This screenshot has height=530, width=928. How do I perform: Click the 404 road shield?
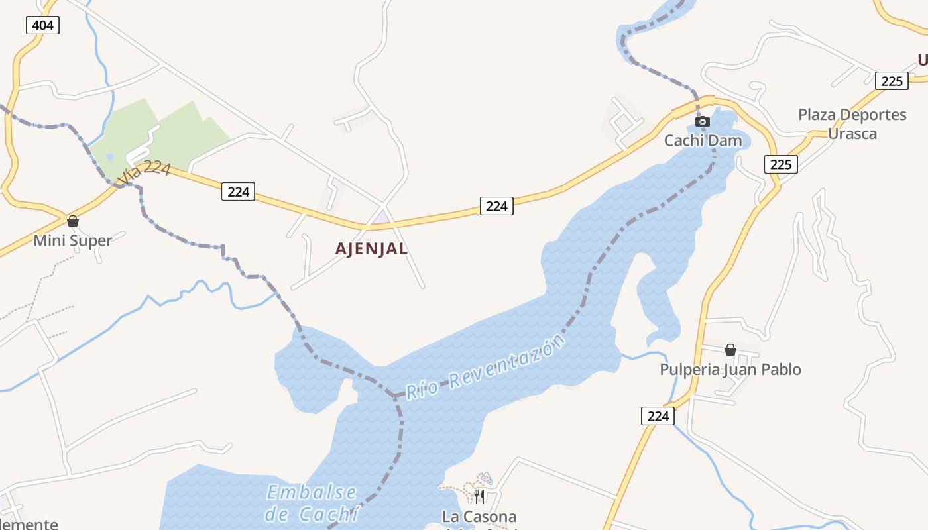[x=43, y=26]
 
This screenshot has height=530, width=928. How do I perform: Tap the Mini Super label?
[x=73, y=240]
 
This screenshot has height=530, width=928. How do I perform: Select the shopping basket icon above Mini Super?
[x=73, y=221]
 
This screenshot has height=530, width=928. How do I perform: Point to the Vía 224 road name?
[x=145, y=174]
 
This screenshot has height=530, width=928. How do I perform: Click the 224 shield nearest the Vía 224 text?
[x=238, y=191]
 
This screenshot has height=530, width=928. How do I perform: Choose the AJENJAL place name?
[x=371, y=249]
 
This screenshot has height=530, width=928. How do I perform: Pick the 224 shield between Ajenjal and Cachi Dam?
[x=496, y=206]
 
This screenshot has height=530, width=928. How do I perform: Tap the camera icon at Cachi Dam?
[x=703, y=122]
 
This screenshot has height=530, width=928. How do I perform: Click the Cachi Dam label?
[x=703, y=140]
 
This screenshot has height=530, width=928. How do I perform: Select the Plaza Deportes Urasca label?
[x=852, y=124]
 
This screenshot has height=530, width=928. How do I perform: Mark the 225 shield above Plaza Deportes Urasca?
[x=892, y=81]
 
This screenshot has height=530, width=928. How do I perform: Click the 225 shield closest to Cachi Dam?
[x=781, y=164]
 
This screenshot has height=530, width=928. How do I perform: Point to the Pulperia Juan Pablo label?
[x=730, y=369]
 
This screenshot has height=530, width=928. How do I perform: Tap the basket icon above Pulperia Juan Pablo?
[x=730, y=350]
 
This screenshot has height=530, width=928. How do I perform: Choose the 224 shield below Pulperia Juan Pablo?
[x=658, y=416]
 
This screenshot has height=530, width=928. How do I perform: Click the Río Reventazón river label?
[x=487, y=368]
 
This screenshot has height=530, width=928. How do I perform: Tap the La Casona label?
[x=479, y=516]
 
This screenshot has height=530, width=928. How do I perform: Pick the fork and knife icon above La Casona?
[x=479, y=496]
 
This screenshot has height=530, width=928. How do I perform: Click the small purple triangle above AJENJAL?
[x=381, y=217]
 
